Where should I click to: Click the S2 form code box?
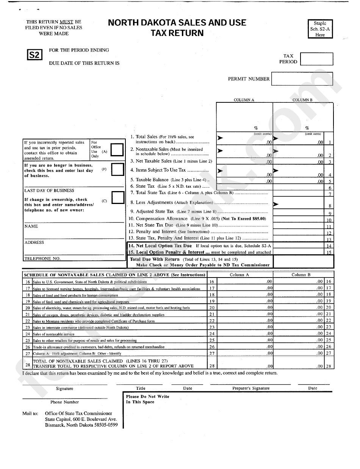point(34,55)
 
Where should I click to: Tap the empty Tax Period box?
point(317,59)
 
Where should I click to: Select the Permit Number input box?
point(302,79)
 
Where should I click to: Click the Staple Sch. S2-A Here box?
point(320,29)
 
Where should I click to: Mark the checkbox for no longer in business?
point(117,169)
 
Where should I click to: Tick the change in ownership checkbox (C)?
point(118,198)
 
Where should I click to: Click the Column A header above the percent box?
point(244,100)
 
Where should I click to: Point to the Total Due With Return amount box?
point(303,262)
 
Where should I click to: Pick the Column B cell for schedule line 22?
point(299,320)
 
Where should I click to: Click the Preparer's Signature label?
point(251,388)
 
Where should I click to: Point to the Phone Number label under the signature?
point(64,402)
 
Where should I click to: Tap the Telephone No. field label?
point(42,259)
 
